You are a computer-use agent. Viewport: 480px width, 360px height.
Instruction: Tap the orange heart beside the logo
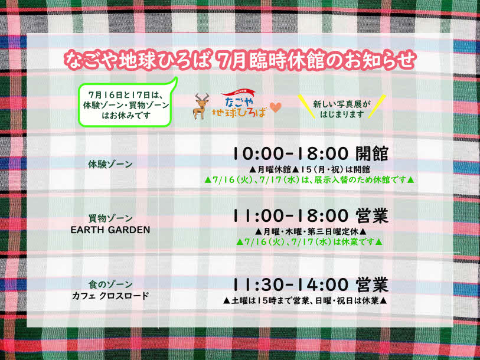tap(275, 107)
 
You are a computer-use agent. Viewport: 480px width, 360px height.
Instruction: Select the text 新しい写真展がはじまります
tap(342, 109)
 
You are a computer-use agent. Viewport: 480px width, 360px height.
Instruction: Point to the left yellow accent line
tap(306, 106)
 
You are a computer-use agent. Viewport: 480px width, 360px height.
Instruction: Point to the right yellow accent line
tap(377, 106)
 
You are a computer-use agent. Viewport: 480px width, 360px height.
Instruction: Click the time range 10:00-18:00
tap(290, 153)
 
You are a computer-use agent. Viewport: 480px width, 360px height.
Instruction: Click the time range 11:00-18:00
tap(290, 216)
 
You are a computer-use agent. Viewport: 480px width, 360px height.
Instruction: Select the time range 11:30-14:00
tap(290, 284)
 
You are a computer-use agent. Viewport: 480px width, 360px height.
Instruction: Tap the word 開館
tap(371, 153)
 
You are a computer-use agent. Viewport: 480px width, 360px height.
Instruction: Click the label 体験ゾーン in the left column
tap(110, 165)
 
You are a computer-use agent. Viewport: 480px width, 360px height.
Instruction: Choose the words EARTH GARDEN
tap(110, 230)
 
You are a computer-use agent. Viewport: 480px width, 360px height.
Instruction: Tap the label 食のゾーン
tap(110, 284)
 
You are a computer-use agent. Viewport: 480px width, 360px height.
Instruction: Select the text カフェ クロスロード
tap(110, 296)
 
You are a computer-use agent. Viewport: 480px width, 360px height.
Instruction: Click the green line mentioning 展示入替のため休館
tap(309, 179)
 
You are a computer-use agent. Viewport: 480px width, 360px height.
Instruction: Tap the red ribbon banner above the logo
tap(238, 92)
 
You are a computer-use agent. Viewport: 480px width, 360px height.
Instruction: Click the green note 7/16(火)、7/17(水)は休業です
tap(309, 242)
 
